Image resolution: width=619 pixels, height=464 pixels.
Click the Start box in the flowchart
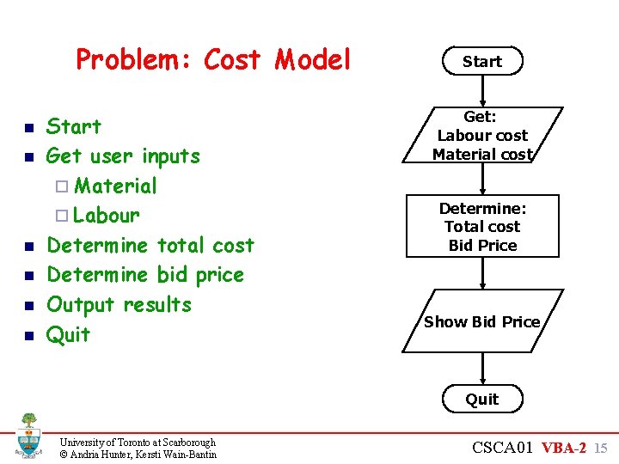point(481,61)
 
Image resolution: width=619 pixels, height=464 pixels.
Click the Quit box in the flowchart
point(481,399)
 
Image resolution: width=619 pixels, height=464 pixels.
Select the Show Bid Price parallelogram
point(481,321)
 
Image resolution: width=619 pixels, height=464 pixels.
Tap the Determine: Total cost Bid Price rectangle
point(481,227)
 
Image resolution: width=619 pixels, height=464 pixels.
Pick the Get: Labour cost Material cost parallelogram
point(481,135)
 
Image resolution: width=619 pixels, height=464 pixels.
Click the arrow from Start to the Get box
point(482,90)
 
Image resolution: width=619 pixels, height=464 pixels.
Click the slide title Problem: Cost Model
point(213,59)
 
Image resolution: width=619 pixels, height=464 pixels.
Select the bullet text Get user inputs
point(123,156)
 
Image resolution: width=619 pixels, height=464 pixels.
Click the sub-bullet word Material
point(115,186)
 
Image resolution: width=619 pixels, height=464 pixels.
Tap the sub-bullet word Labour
point(107,215)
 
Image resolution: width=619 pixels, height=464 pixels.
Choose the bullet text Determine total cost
point(150,245)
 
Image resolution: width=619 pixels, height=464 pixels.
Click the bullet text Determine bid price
point(145,275)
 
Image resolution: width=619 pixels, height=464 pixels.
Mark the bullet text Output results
point(119,304)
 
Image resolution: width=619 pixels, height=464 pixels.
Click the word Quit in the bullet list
point(68,334)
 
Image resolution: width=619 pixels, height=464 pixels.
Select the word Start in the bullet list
point(74,126)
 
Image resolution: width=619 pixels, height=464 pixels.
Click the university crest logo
point(28,436)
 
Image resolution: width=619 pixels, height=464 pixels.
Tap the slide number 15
point(601,448)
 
